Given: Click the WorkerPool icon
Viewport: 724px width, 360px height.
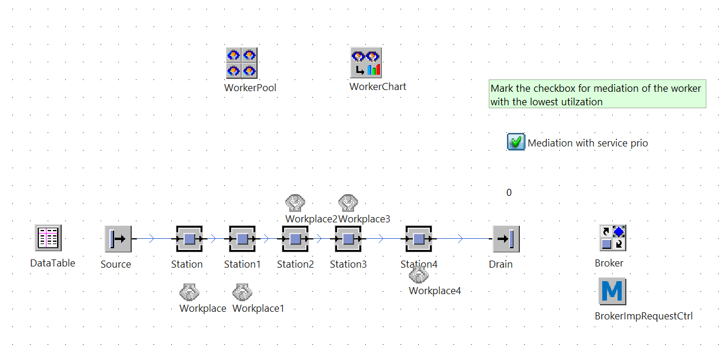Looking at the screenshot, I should pos(242,63).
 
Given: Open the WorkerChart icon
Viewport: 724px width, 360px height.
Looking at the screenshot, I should pos(366,63).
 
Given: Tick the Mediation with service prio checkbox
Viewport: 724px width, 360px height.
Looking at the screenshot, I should pos(516,142).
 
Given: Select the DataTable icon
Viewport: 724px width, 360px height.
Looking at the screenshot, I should pos(48,238).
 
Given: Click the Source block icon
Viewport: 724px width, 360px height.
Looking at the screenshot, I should pos(118,239).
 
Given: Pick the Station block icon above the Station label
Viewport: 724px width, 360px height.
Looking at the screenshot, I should pos(189,239).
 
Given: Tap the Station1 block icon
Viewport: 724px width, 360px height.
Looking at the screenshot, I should pos(242,239).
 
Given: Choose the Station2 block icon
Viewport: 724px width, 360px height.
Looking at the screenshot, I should pos(295,239).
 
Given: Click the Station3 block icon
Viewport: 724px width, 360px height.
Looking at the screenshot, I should pos(348,239).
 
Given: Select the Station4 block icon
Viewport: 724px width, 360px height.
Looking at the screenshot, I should pos(419,239).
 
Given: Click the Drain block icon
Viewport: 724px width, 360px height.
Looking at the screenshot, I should pos(506,239).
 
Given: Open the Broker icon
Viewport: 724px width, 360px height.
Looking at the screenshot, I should pos(612,238).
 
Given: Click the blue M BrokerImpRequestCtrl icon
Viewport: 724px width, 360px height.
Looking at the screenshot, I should pos(612,292).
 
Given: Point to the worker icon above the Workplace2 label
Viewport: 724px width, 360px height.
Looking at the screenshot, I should pos(295,203).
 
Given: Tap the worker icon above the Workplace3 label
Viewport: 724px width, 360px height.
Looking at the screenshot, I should pos(348,203).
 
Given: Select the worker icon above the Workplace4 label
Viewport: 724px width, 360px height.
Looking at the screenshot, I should pos(418,274).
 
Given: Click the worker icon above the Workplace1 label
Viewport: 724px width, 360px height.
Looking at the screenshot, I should pos(242,292).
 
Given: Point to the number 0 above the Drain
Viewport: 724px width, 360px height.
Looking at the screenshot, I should pos(509,192).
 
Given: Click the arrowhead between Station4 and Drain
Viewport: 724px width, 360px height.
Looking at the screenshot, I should pos(461,239).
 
